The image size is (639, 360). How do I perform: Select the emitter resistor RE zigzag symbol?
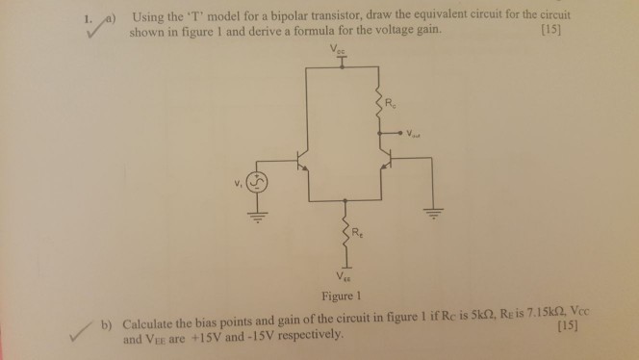344,228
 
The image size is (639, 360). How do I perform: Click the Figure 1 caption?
343,296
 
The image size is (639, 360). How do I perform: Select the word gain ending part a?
426,31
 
